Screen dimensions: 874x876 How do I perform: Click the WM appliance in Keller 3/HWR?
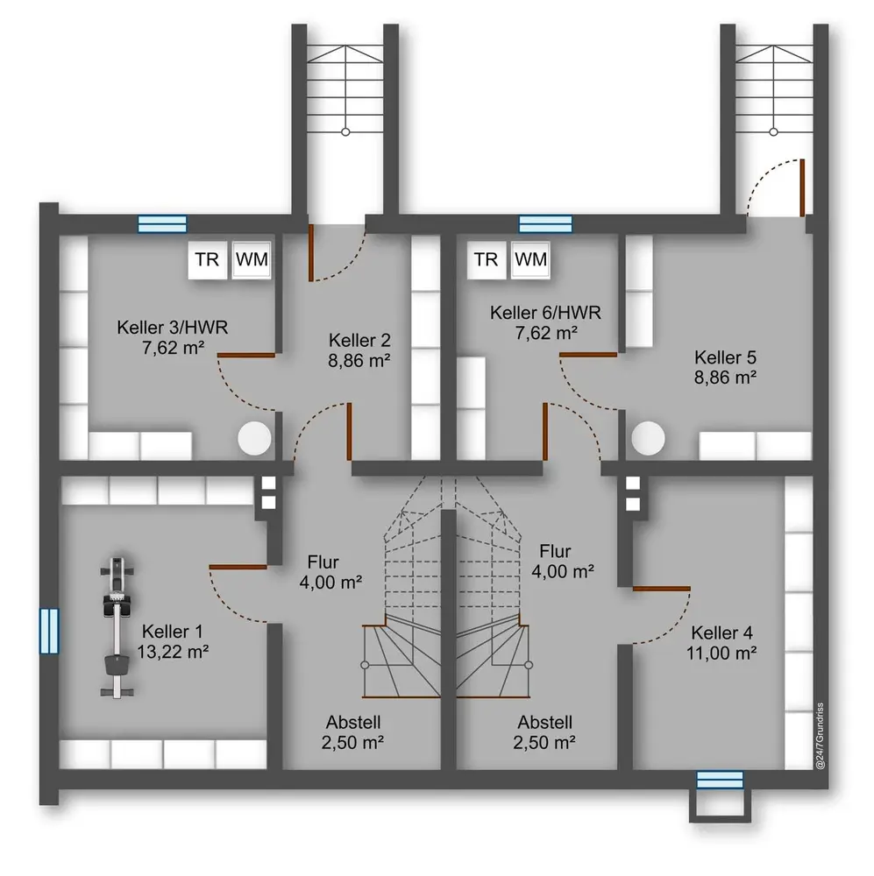tap(252, 260)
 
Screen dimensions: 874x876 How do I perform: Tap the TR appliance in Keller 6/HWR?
tap(486, 260)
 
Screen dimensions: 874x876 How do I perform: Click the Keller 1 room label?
tap(172, 632)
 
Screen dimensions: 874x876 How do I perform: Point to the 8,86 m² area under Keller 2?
tap(359, 359)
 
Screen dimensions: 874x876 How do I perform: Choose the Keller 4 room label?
tap(721, 632)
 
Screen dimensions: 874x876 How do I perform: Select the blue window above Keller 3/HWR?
tap(162, 224)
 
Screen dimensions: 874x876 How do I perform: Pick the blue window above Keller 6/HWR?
tap(544, 224)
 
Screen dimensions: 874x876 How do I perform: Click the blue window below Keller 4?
tap(720, 779)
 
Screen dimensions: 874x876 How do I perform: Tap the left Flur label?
tap(323, 562)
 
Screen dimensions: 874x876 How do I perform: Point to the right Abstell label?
tap(544, 723)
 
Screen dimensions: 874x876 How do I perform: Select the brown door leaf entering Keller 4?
tap(662, 587)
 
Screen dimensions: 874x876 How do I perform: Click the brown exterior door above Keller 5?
tap(802, 187)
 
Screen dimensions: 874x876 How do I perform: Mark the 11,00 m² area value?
tap(721, 653)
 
